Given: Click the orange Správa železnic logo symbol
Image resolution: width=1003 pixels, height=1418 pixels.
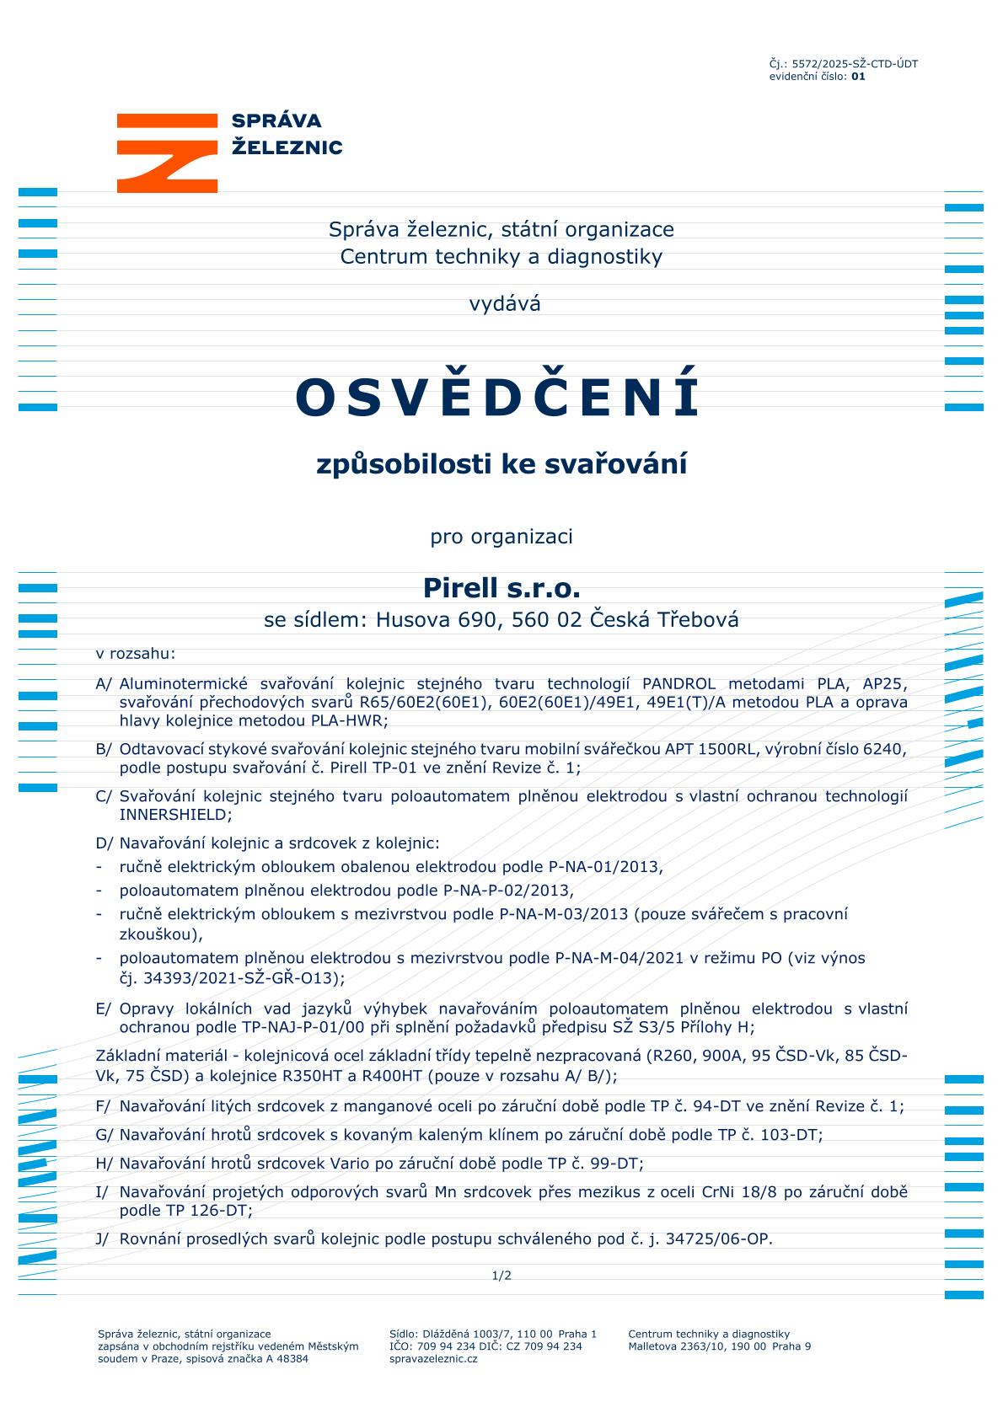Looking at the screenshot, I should pos(167,153).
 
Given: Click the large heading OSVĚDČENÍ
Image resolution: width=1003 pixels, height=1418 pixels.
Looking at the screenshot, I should pos(497,398).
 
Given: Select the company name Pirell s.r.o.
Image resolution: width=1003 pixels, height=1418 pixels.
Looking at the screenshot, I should pos(501,587).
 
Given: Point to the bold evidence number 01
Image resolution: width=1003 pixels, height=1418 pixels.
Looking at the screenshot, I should pos(858,77).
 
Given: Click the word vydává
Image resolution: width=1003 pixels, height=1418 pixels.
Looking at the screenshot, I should pos(505,304).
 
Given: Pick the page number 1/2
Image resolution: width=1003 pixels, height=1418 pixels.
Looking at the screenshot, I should pos(501,1276).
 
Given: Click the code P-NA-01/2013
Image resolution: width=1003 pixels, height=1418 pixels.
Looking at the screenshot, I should pos(604,866).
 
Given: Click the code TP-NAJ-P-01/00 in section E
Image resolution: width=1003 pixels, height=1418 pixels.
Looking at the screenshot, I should pos(301,1027).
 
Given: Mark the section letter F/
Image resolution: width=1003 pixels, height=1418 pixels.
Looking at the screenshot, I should pos(104,1106).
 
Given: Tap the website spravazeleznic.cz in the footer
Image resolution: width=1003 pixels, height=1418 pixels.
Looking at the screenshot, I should pos(433,1359).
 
